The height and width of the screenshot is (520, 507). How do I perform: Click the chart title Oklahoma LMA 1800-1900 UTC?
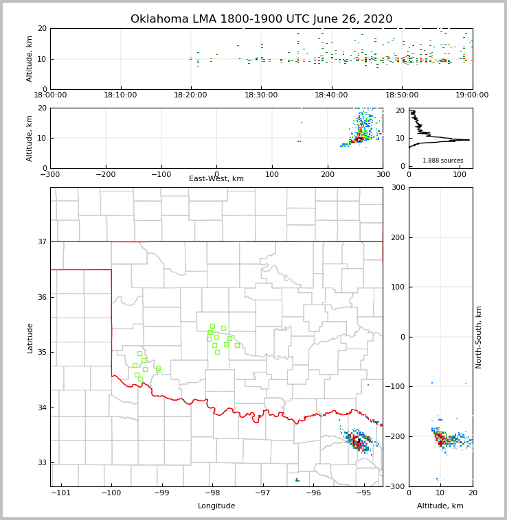point(261,19)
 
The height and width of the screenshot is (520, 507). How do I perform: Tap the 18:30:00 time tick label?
point(261,95)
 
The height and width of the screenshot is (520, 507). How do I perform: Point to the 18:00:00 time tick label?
point(50,95)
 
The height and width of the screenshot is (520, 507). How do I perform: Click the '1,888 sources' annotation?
point(442,161)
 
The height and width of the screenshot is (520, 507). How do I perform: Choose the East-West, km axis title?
point(216,179)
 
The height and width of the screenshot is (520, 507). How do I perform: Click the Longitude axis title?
point(216,506)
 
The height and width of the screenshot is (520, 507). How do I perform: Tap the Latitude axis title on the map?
point(30,338)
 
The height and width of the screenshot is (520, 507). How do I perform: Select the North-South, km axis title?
point(479,337)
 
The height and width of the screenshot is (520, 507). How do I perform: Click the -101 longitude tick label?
point(61,493)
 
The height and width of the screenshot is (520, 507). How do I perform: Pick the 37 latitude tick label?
point(41,241)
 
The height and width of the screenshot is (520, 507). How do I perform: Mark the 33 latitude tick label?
point(41,463)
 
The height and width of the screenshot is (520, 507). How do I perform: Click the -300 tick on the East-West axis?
point(50,175)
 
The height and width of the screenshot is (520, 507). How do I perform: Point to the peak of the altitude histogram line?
point(470,140)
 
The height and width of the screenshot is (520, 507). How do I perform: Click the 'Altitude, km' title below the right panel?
point(440,506)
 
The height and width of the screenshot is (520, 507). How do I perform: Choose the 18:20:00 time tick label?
point(191,95)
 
